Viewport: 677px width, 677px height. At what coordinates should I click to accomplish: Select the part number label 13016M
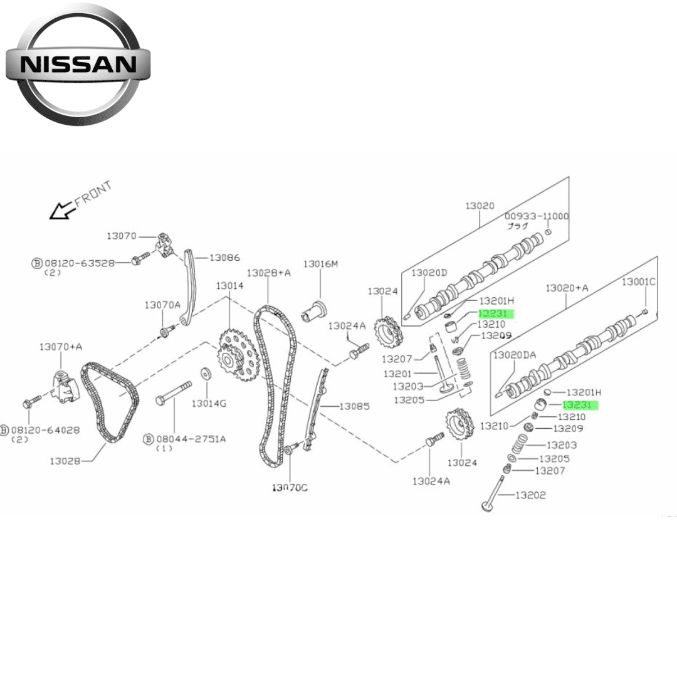point(320,264)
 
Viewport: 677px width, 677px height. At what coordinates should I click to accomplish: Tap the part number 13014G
point(208,403)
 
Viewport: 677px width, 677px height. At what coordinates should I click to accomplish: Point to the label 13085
point(355,406)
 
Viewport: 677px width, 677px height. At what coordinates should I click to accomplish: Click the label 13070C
point(290,487)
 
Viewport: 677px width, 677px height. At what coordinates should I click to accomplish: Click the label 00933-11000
point(537,216)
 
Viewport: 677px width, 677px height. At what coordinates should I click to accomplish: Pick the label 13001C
point(638,282)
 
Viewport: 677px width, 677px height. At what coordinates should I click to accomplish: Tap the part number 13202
point(530,495)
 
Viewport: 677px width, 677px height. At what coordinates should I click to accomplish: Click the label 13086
point(224,257)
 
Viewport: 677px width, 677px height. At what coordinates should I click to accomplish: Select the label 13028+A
point(268,273)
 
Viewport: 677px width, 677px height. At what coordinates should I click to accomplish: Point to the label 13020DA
point(514,355)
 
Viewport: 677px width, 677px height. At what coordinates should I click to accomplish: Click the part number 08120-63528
point(79,263)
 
